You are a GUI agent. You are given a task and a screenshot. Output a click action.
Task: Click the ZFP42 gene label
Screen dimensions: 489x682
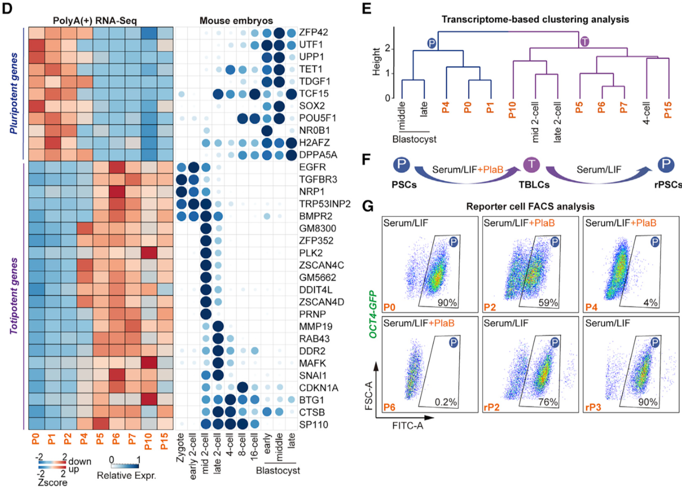point(313,32)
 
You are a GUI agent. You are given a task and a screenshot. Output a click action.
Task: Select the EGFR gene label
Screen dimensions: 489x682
point(312,167)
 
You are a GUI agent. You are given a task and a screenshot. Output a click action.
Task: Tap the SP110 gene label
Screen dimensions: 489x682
point(313,425)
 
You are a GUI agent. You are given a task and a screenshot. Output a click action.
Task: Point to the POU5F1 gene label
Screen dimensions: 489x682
point(318,118)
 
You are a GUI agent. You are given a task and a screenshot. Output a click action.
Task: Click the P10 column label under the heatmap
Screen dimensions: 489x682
point(148,442)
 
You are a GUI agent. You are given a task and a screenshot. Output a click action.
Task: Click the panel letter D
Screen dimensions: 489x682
point(7,9)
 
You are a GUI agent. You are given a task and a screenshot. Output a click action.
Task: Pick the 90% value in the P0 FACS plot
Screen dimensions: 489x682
point(447,303)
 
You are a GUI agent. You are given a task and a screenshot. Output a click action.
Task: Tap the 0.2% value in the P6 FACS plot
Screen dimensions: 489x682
point(445,402)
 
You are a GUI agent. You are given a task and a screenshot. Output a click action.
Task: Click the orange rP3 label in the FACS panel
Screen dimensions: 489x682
point(593,407)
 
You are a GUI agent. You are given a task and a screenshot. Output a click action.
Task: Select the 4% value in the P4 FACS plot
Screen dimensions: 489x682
point(650,303)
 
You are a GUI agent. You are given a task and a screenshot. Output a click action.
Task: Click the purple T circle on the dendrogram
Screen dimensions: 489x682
point(584,42)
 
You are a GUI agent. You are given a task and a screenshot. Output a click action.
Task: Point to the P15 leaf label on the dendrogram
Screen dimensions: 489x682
point(668,110)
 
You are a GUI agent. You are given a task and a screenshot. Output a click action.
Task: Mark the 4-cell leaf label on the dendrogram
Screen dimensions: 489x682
point(646,113)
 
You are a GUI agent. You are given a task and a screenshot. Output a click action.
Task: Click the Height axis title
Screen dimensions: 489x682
point(376,61)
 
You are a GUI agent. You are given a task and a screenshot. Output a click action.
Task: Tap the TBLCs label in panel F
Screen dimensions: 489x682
point(534,185)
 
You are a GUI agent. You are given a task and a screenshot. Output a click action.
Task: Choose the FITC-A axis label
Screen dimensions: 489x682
point(407,426)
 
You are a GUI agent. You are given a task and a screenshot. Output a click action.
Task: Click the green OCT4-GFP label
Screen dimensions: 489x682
point(373,314)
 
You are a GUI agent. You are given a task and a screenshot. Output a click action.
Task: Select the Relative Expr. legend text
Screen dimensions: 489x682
point(126,475)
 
